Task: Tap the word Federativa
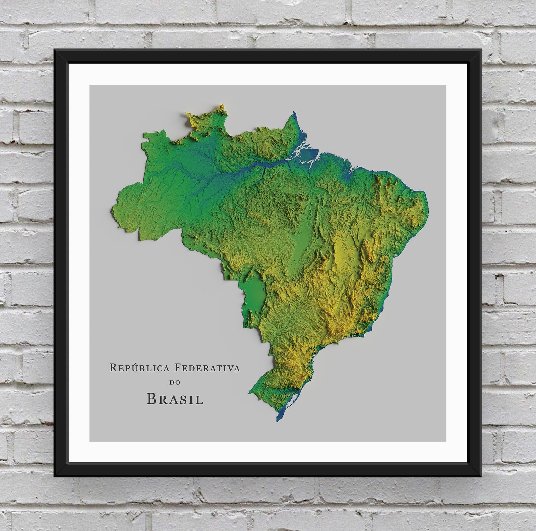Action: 207,368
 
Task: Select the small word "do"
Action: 175,383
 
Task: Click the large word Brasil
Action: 175,399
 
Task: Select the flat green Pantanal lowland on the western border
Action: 254,290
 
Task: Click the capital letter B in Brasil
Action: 151,399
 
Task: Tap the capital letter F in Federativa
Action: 177,368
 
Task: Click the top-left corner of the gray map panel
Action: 90,85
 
